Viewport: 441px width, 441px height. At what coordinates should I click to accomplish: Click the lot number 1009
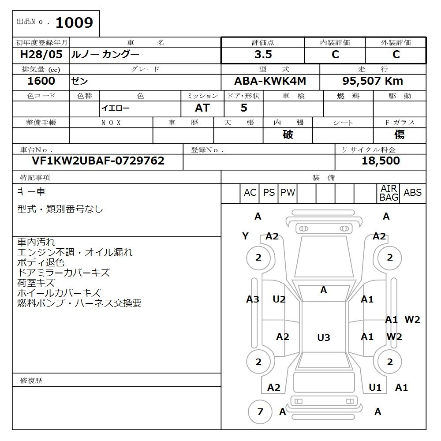point(74,23)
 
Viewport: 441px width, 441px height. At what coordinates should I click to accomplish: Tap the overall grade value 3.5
point(263,55)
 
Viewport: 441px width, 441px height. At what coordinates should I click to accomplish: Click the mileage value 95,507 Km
point(373,81)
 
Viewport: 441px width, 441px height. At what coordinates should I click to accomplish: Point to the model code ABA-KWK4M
point(270,81)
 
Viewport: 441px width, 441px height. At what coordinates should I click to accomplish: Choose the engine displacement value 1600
point(41,81)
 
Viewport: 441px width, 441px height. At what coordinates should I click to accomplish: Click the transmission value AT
point(202,108)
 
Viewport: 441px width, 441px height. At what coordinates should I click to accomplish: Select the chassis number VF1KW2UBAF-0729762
point(98,161)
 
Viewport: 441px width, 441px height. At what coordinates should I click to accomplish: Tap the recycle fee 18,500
point(381,161)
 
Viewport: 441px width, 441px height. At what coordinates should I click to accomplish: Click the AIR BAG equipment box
point(389,193)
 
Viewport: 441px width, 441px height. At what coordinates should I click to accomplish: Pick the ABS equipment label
point(412,193)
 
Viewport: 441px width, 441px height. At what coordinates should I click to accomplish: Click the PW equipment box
point(288,193)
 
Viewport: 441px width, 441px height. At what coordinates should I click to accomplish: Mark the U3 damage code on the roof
point(324,338)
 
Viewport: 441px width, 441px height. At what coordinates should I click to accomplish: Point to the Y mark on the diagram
point(246,236)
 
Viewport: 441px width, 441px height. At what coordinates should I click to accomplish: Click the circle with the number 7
point(260,412)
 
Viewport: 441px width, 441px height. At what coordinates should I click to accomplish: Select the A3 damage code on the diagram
point(252,299)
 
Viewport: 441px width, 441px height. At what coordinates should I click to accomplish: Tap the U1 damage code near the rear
point(375,388)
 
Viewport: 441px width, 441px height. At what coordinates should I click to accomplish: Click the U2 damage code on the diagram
point(279,299)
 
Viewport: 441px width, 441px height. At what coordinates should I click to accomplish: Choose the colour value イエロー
point(116,108)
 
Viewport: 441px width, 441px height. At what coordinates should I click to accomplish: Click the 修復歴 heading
point(31,381)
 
